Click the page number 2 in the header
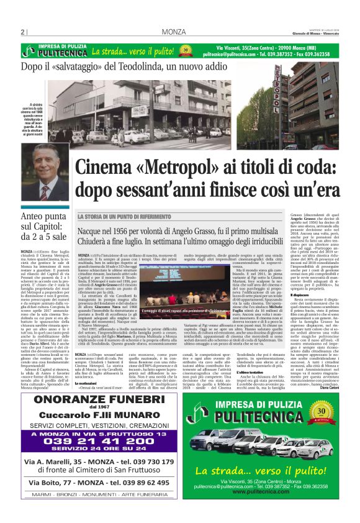pyautogui.click(x=22, y=32)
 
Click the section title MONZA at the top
pyautogui.click(x=171, y=32)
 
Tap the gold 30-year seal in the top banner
pyautogui.click(x=185, y=51)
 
